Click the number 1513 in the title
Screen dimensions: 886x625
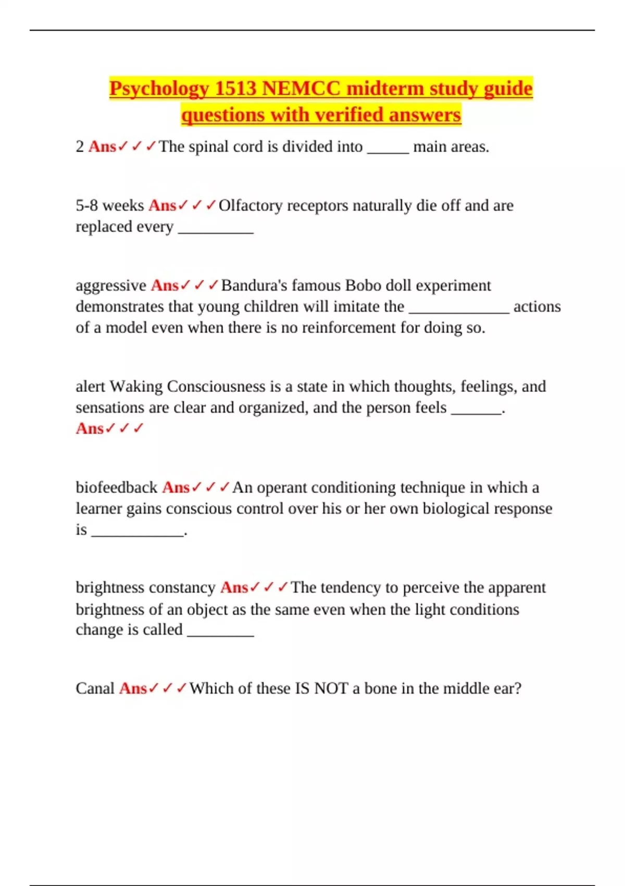pos(235,89)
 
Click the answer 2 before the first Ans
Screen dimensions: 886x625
pos(80,146)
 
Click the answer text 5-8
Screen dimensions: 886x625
pos(87,205)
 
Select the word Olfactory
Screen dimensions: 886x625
pos(251,206)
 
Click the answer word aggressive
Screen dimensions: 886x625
pos(111,286)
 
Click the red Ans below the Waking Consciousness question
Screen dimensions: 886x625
pos(90,428)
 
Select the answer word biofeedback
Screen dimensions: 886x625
pos(116,487)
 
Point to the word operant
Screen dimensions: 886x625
pos(282,488)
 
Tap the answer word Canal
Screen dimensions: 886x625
pos(95,688)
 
